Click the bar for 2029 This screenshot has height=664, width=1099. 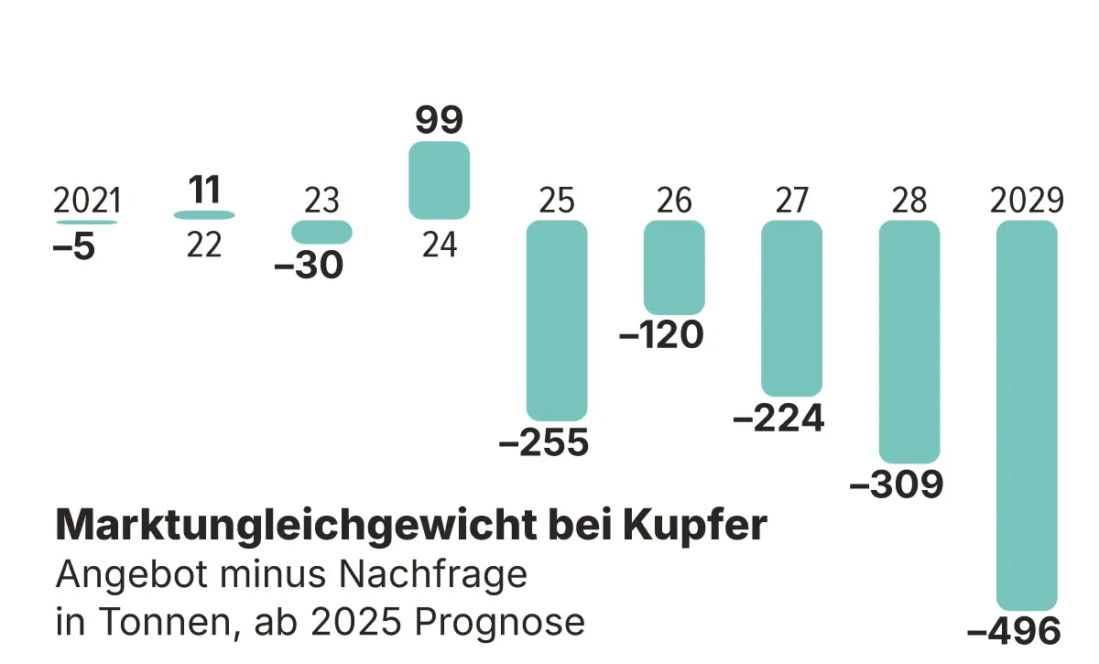click(x=1027, y=415)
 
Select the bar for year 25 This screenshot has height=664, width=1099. click(x=557, y=321)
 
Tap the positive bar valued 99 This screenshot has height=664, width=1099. click(x=439, y=180)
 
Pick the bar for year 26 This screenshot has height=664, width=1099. click(x=674, y=267)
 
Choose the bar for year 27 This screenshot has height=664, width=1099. click(x=791, y=309)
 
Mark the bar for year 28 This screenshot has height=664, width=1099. click(x=909, y=342)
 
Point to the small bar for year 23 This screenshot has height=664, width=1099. click(x=321, y=233)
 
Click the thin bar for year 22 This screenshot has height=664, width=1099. click(x=204, y=215)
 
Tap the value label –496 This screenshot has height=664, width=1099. click(x=1014, y=632)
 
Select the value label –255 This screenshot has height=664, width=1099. click(x=544, y=443)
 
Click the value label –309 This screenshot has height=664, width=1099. click(x=897, y=485)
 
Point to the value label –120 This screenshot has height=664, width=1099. click(x=661, y=335)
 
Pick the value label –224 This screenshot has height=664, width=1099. click(x=779, y=419)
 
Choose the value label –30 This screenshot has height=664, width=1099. click(x=309, y=266)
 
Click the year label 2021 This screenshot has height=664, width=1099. click(x=87, y=201)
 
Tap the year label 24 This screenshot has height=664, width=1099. click(x=439, y=245)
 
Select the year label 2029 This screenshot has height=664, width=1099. click(x=1027, y=201)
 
